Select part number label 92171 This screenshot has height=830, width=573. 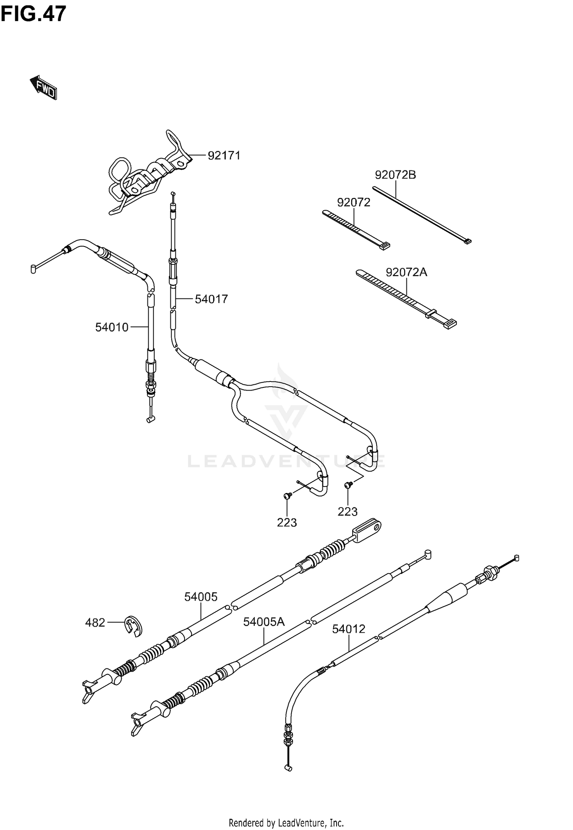224,156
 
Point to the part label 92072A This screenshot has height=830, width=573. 406,272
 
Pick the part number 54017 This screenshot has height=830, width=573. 211,299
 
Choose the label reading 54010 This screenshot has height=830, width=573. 112,327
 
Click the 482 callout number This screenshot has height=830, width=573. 95,623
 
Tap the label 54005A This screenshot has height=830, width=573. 264,622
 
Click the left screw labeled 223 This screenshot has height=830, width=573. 288,496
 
